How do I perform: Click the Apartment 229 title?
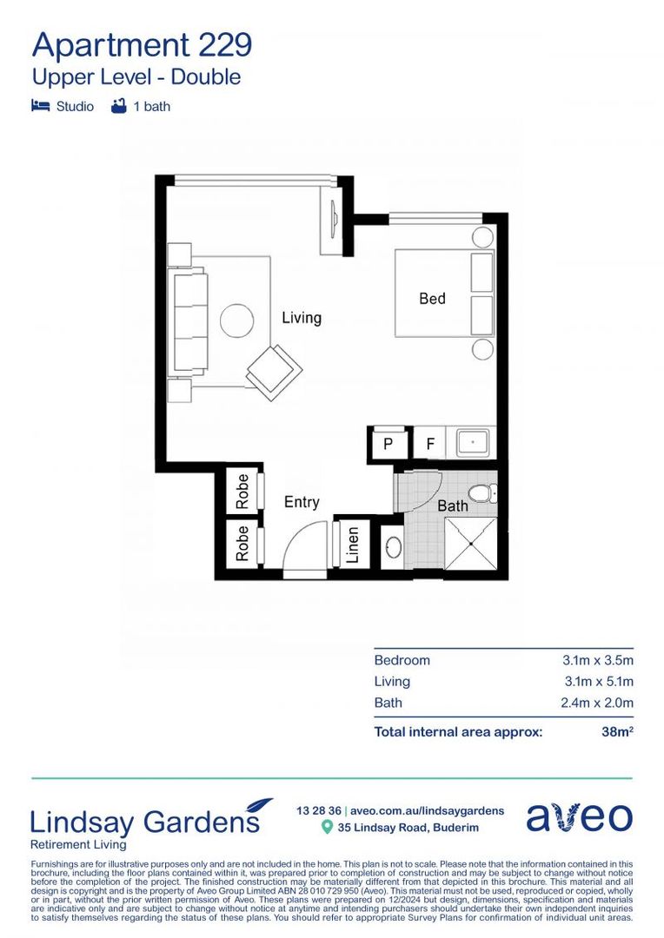(x=142, y=43)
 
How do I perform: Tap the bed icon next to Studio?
(x=40, y=107)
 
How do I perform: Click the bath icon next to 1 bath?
(x=118, y=107)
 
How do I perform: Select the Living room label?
(x=301, y=318)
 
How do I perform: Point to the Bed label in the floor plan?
(x=432, y=299)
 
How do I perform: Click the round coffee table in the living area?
(x=236, y=320)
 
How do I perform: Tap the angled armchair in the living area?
(x=274, y=371)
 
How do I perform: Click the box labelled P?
(x=388, y=443)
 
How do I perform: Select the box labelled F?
(x=429, y=443)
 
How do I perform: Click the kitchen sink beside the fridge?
(x=471, y=442)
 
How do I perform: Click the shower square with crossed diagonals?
(x=470, y=544)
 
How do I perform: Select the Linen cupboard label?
(x=353, y=545)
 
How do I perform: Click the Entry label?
(x=302, y=502)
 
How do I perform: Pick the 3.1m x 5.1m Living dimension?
(x=598, y=682)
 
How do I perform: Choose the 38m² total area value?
(x=616, y=732)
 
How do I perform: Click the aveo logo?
(x=579, y=817)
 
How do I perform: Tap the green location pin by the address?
(x=327, y=828)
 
